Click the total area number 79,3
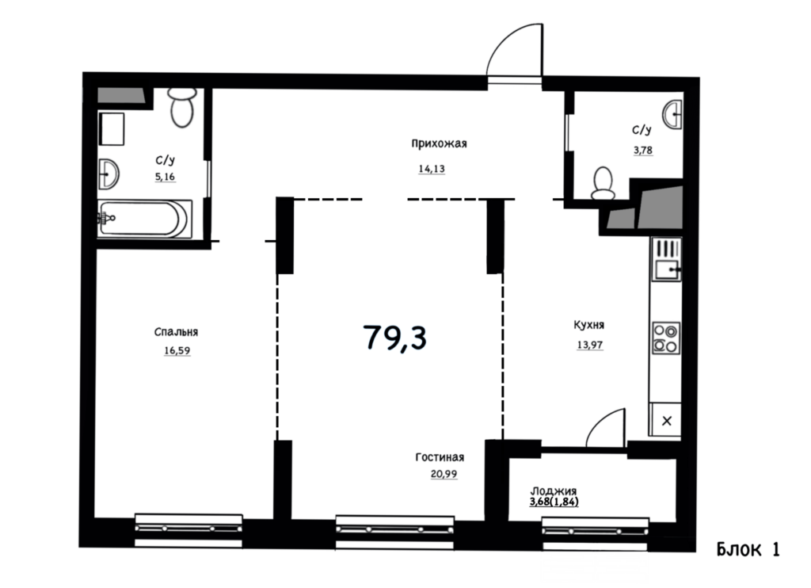(x=395, y=337)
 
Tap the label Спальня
(x=176, y=332)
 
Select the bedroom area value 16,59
(x=177, y=350)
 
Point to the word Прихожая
(x=439, y=143)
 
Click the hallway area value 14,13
(x=432, y=169)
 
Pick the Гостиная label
(x=440, y=457)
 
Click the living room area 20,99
(x=444, y=474)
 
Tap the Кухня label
(x=588, y=325)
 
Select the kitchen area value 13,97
(x=589, y=345)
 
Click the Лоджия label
(x=554, y=491)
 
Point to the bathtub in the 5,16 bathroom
(x=144, y=219)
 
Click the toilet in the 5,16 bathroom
(x=182, y=107)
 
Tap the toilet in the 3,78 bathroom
(x=603, y=183)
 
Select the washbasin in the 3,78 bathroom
(x=673, y=114)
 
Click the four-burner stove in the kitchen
(x=665, y=338)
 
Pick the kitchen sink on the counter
(x=666, y=259)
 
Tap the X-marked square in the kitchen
(x=666, y=421)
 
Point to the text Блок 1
(x=748, y=549)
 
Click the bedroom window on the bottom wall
(x=188, y=529)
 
